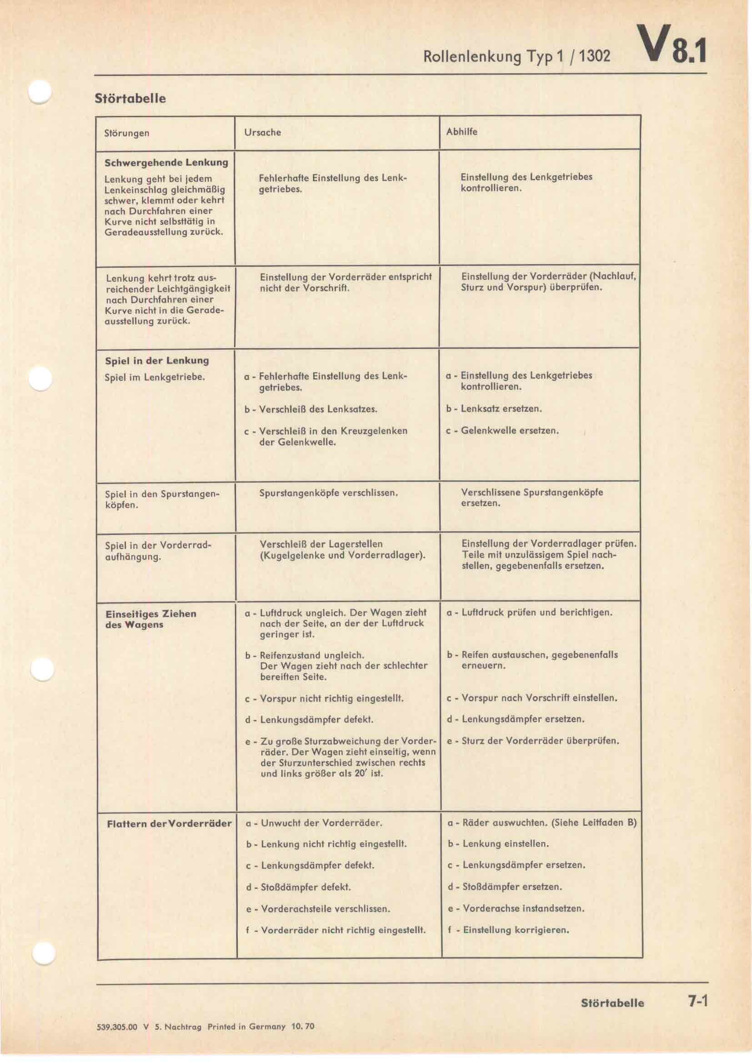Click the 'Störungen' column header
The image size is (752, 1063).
(x=127, y=133)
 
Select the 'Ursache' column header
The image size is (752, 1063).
(x=262, y=132)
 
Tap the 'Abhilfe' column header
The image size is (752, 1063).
(x=461, y=132)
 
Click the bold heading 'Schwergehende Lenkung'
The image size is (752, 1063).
(x=166, y=163)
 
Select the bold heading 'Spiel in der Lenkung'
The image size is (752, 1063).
(x=156, y=360)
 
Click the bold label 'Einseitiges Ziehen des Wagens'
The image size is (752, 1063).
(x=151, y=619)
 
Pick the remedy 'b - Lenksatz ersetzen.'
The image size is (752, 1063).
(x=494, y=409)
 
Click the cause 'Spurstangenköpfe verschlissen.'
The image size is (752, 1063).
(x=329, y=493)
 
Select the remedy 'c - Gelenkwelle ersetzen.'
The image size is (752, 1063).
(x=502, y=430)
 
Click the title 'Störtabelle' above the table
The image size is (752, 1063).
(x=130, y=99)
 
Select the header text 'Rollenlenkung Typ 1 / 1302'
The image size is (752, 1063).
(x=517, y=57)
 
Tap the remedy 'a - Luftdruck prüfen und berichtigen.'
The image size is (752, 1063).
(x=529, y=613)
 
